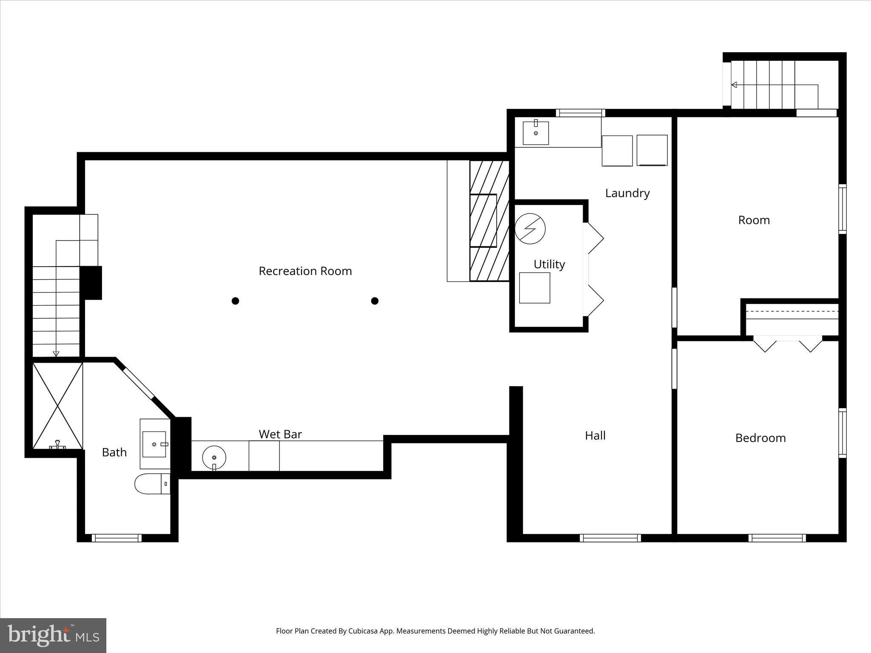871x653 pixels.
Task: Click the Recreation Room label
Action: [305, 271]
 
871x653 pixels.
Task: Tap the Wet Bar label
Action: [280, 434]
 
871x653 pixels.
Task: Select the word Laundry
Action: [627, 193]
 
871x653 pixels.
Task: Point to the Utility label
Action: [549, 264]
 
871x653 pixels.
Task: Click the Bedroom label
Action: [760, 438]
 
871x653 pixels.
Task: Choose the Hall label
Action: [595, 436]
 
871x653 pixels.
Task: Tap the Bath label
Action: [114, 452]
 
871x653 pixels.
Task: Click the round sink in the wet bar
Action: [214, 457]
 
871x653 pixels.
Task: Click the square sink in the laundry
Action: [535, 133]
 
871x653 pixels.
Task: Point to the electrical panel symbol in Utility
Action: [530, 228]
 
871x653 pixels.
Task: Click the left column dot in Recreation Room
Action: [235, 301]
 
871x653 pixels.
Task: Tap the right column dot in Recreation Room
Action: [375, 301]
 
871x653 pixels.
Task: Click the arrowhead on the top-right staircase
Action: [734, 85]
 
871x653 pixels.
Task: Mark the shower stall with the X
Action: [57, 405]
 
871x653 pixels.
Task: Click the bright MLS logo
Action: [53, 635]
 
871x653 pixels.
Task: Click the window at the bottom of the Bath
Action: [117, 538]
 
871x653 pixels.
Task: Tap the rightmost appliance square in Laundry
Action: [652, 150]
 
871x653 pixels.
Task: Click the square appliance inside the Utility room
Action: [535, 288]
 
